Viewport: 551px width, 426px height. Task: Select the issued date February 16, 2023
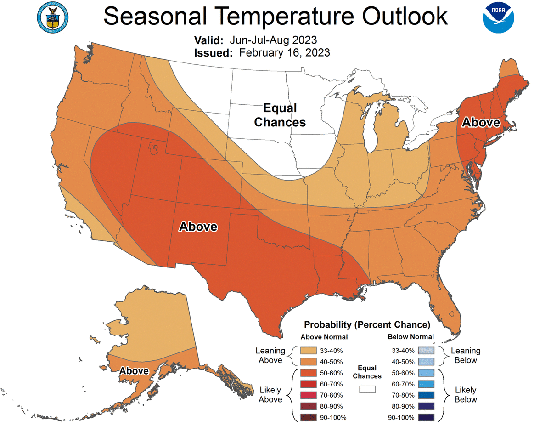point(284,52)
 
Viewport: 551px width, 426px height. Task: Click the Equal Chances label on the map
point(280,115)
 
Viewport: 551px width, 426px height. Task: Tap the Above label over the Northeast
point(480,122)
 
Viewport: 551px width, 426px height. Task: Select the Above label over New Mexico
point(198,227)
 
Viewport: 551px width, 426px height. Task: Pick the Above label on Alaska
point(134,371)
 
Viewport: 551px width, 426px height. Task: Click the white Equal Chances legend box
point(367,389)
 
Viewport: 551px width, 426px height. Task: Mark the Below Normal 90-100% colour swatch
point(426,417)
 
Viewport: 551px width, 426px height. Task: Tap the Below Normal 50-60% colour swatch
point(426,373)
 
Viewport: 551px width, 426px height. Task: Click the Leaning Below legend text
point(466,355)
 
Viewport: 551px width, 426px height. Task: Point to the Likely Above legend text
point(270,395)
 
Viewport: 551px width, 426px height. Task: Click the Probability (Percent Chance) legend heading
point(367,325)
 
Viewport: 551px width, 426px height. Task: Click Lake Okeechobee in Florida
point(451,315)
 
